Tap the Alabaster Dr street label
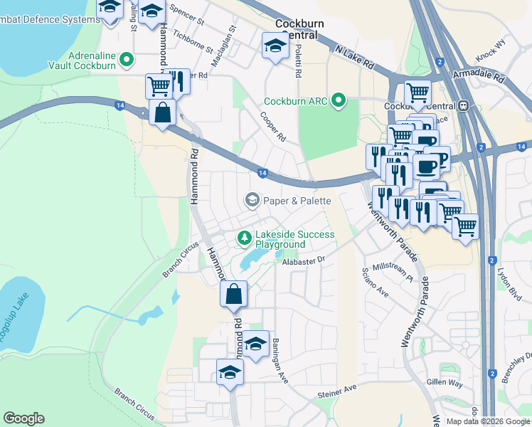click(302, 261)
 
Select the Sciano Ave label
click(376, 282)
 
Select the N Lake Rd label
click(354, 56)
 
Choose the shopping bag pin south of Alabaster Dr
click(233, 294)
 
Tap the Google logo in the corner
click(23, 418)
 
